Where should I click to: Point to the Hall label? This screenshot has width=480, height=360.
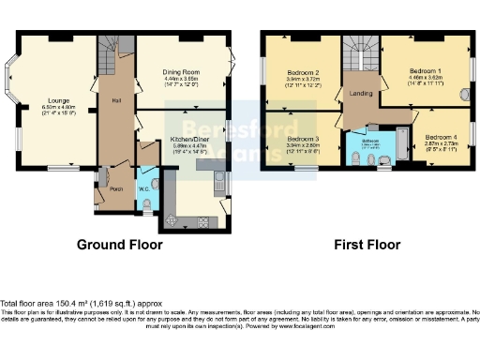[116, 98]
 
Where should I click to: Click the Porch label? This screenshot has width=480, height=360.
[117, 188]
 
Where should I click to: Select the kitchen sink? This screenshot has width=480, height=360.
[217, 181]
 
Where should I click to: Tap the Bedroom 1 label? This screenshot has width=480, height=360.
[426, 70]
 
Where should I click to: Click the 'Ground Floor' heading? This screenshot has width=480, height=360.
[119, 245]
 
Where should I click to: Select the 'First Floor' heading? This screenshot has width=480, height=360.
[366, 245]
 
